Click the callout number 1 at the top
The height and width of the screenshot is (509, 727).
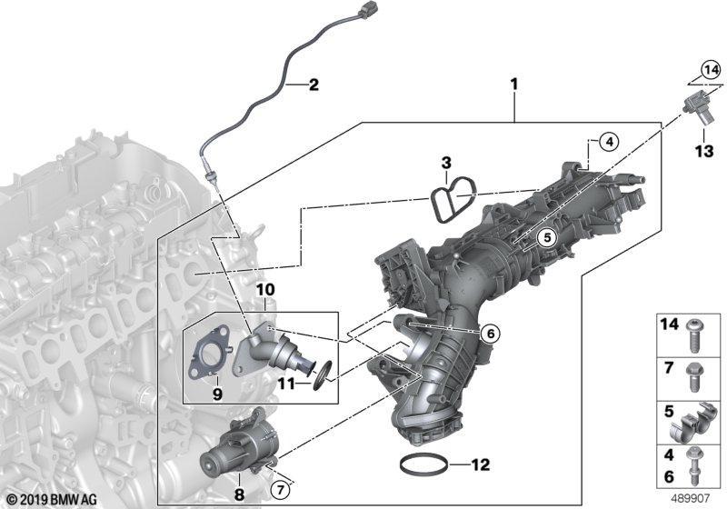[513, 86]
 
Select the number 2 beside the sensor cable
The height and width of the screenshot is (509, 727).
[314, 86]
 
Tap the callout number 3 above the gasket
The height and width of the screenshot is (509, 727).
[446, 164]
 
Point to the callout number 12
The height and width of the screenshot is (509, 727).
[481, 465]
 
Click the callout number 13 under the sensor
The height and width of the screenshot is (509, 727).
[704, 152]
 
